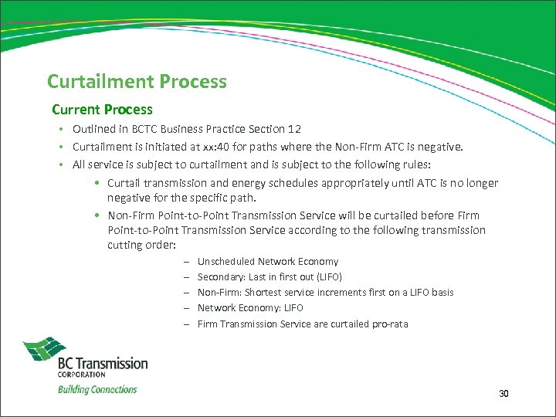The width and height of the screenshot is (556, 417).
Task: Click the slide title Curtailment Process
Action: click(137, 81)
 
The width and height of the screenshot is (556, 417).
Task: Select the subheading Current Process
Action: click(102, 110)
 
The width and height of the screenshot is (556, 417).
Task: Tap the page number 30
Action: click(503, 394)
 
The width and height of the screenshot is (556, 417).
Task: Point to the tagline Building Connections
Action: click(97, 389)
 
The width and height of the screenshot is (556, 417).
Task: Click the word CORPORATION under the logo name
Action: click(81, 375)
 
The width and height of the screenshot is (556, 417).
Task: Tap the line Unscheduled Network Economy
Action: click(267, 262)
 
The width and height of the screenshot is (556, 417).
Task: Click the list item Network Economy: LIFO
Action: click(250, 307)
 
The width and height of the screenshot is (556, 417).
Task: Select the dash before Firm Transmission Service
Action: click(187, 324)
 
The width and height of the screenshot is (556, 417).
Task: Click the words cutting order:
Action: click(142, 245)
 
